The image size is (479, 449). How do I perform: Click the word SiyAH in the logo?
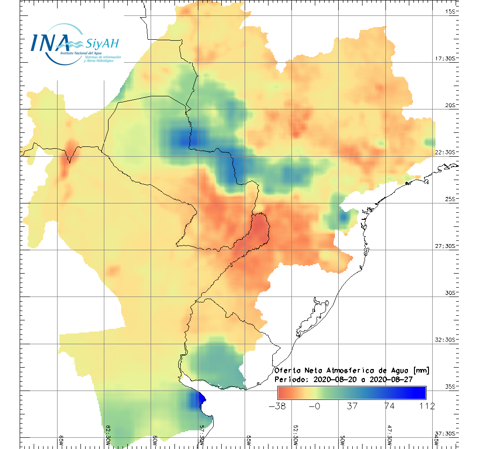tap(102, 44)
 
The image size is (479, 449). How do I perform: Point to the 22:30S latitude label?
tap(446, 152)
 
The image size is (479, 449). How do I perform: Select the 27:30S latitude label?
tap(446, 246)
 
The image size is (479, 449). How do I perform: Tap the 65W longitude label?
tap(61, 440)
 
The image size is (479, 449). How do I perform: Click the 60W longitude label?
tap(155, 440)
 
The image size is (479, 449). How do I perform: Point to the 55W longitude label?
tap(248, 440)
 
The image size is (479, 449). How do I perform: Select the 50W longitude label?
tap(342, 440)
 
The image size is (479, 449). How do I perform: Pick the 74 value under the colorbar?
tap(389, 406)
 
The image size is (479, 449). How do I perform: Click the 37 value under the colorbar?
tap(352, 406)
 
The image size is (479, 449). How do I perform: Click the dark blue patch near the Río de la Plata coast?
tap(196, 400)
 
